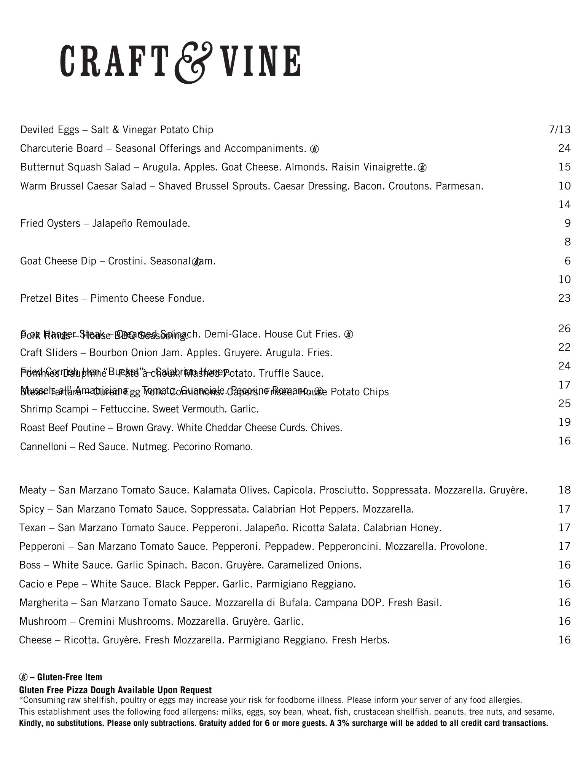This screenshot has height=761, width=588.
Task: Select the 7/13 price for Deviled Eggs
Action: click(x=560, y=130)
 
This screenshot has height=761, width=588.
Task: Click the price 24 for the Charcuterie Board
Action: click(x=564, y=148)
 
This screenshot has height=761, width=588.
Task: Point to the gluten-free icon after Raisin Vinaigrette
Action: click(x=422, y=167)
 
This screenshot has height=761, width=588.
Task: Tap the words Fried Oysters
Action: click(x=50, y=223)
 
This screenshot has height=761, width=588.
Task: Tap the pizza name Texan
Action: click(x=32, y=528)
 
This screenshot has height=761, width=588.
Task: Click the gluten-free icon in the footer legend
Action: click(x=23, y=677)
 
